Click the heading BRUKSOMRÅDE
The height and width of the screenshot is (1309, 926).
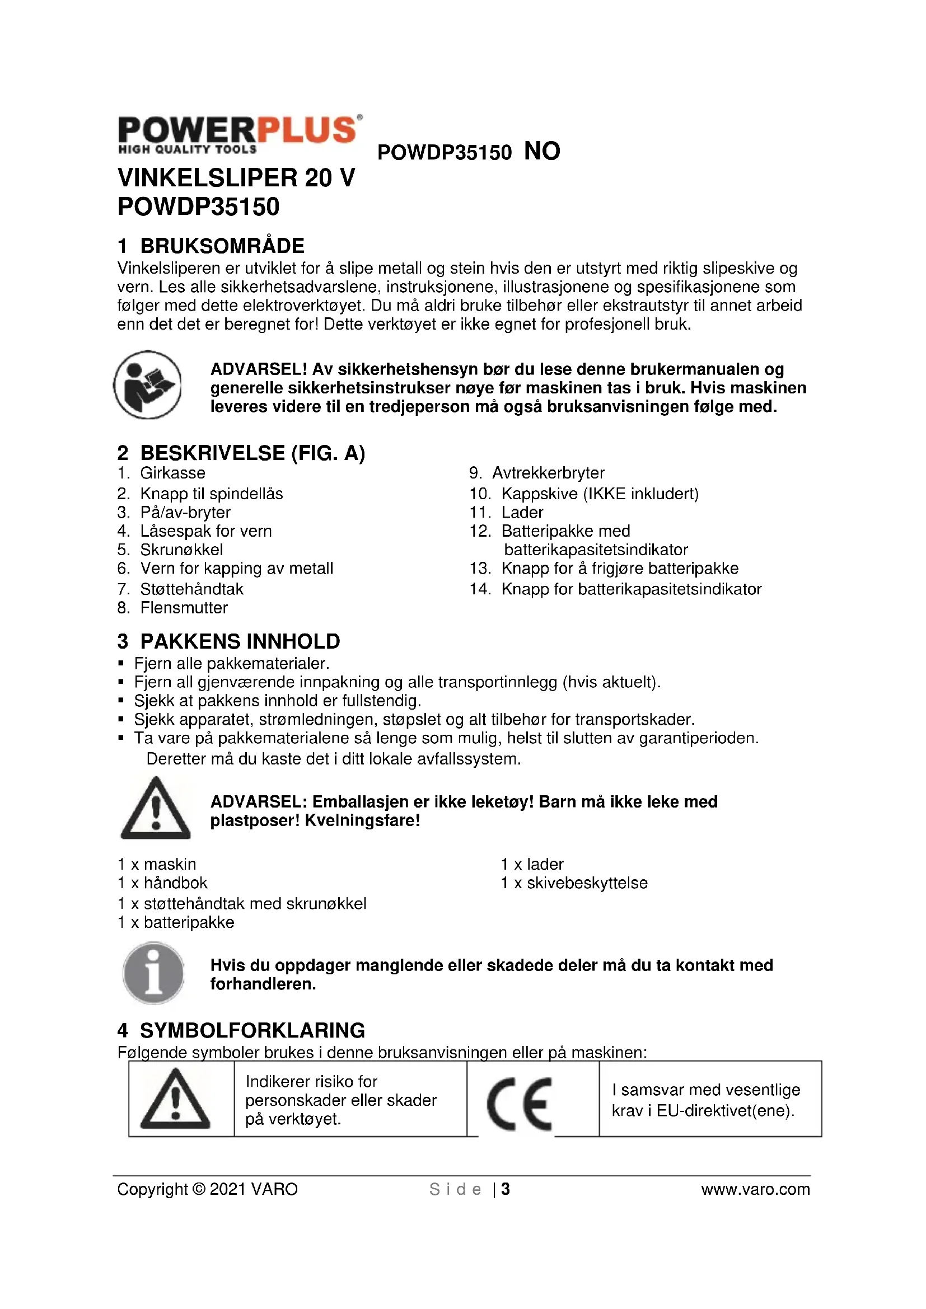[x=222, y=246]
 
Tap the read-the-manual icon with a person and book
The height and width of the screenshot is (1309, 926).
[x=148, y=385]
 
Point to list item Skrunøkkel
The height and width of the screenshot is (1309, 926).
[x=181, y=550]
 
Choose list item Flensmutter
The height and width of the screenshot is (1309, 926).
[x=184, y=608]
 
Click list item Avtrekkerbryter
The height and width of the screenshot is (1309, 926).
[x=548, y=473]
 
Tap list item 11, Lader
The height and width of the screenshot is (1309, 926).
[x=522, y=512]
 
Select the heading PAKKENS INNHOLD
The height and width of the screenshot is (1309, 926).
[x=240, y=641]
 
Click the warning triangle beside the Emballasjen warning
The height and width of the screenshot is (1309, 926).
[x=155, y=809]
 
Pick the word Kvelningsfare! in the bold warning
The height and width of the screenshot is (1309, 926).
[x=362, y=820]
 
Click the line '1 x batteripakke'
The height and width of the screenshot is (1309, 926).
[x=176, y=922]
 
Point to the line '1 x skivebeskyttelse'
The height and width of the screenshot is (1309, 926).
[x=574, y=883]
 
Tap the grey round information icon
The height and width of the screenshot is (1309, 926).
[x=153, y=973]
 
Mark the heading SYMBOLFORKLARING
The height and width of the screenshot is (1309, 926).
[x=252, y=1030]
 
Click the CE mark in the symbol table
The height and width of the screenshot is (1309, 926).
[x=519, y=1104]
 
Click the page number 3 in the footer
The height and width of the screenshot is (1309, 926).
[x=505, y=1189]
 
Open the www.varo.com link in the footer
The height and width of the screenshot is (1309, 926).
[x=755, y=1189]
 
